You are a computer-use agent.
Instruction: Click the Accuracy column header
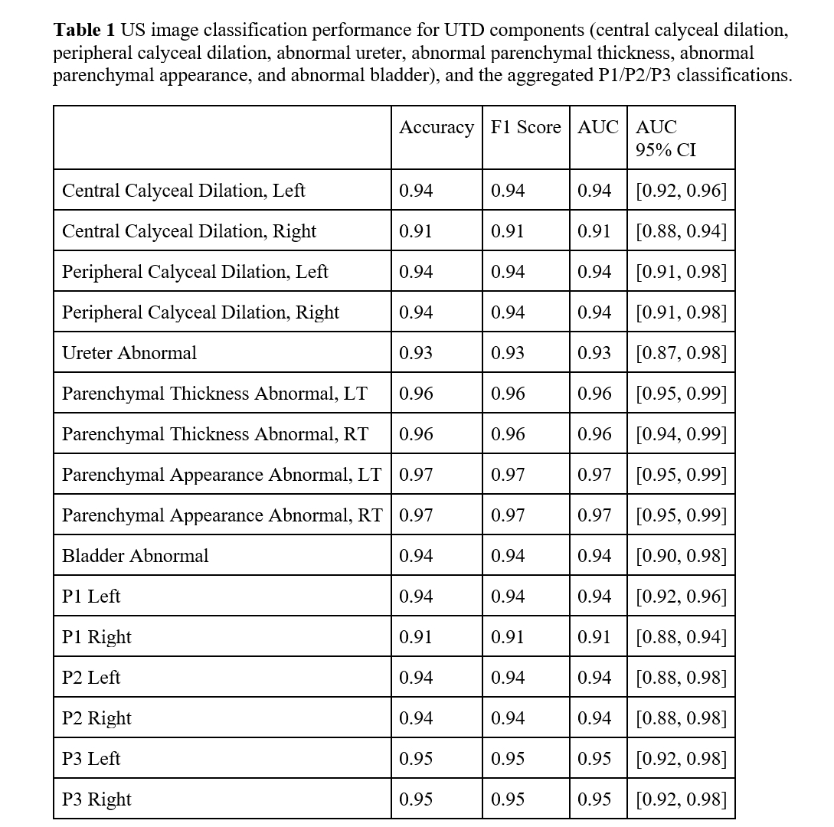pos(436,128)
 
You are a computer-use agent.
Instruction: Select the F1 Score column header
pos(525,128)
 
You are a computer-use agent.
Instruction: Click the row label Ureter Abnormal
pos(129,353)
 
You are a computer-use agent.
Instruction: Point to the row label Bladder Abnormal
pos(135,556)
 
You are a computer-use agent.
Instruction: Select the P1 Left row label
pos(91,597)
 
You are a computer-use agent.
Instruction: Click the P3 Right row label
pos(96,799)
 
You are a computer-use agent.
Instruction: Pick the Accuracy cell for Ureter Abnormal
pos(416,353)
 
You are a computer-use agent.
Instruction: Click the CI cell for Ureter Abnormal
pos(681,353)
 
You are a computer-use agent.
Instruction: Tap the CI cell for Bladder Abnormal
pos(681,556)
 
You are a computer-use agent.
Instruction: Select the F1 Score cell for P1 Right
pos(508,637)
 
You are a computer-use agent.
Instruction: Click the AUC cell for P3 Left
pos(594,759)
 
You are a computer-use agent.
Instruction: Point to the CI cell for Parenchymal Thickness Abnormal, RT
pos(681,434)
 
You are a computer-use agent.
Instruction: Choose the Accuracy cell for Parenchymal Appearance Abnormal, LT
pos(416,475)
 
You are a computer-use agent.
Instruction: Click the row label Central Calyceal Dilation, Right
pos(189,231)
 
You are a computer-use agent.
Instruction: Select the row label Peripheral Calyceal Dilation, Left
pos(195,272)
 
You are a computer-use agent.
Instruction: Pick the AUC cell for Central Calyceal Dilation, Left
pos(594,191)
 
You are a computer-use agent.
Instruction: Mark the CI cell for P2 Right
pos(681,718)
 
